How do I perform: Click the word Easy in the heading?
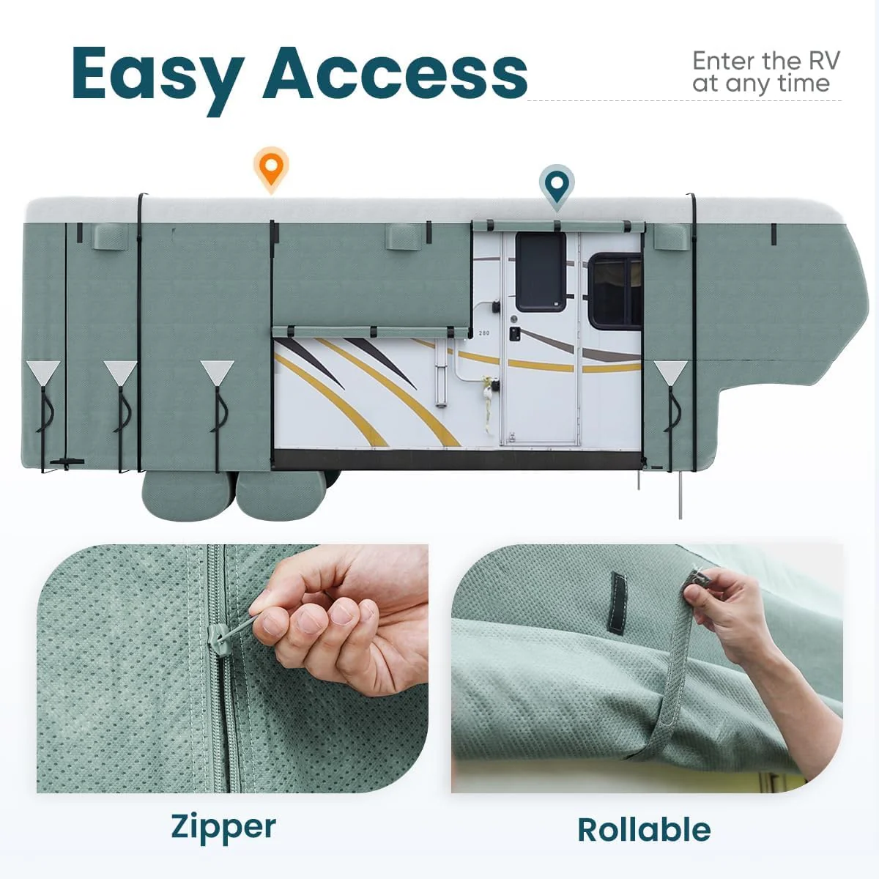pos(156,75)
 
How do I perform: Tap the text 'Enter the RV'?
pos(765,61)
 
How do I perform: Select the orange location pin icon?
pos(271,168)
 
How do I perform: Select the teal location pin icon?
pos(557,183)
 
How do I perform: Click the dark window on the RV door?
pos(541,272)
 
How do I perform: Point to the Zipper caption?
pos(223,827)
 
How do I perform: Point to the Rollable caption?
pos(644,830)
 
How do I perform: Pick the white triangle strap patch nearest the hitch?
pos(670,372)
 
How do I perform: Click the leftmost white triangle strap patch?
pos(43,372)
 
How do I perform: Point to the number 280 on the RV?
pos(484,333)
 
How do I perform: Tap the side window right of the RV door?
pos(615,291)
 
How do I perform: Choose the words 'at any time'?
pos(761,84)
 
